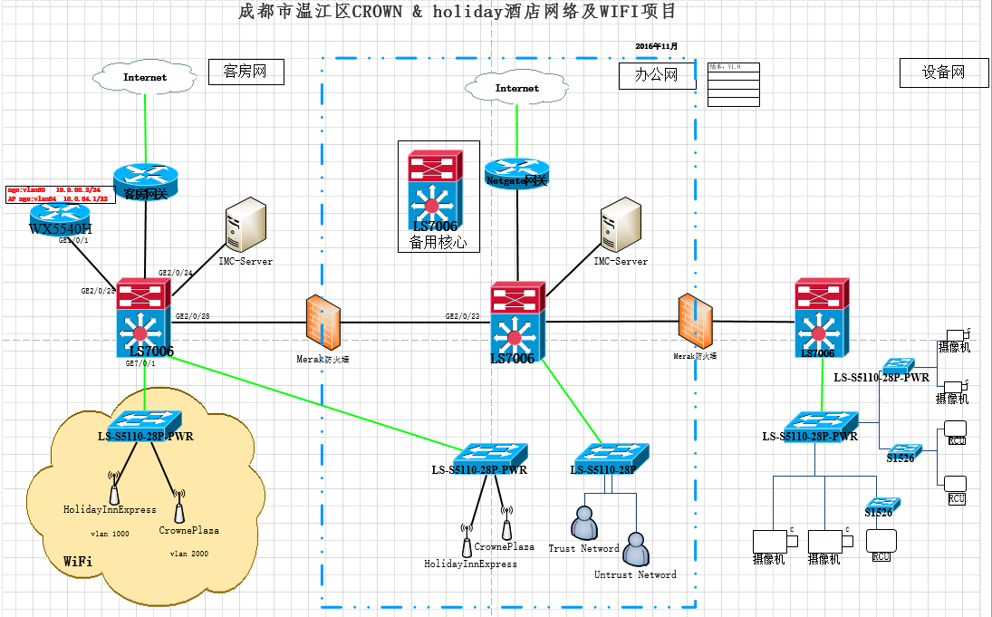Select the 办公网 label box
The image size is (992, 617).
click(657, 75)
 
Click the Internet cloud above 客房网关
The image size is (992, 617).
click(146, 78)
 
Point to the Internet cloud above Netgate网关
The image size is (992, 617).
click(516, 89)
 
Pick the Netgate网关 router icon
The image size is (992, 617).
click(516, 173)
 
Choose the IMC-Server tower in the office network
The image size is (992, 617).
click(620, 226)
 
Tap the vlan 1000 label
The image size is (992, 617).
click(110, 534)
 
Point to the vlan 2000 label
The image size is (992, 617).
click(189, 553)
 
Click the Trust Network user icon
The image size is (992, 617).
click(584, 523)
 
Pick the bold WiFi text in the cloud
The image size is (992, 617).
click(78, 563)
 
